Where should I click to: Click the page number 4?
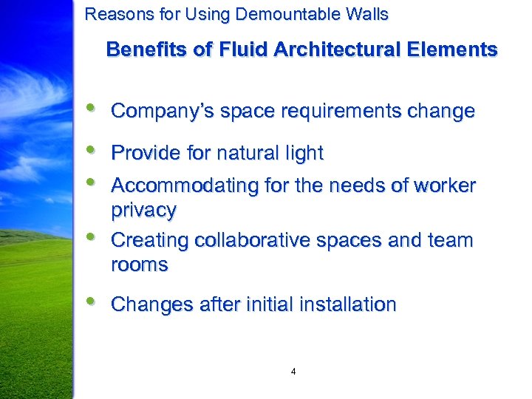click(293, 372)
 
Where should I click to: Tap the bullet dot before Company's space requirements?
click(90, 108)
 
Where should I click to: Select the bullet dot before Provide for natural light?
click(90, 149)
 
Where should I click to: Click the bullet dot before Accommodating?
click(90, 182)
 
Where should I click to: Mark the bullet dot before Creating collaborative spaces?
click(90, 236)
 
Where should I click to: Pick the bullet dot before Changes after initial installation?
click(90, 301)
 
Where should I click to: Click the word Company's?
click(154, 112)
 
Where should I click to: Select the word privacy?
click(143, 211)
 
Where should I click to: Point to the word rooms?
click(139, 265)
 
